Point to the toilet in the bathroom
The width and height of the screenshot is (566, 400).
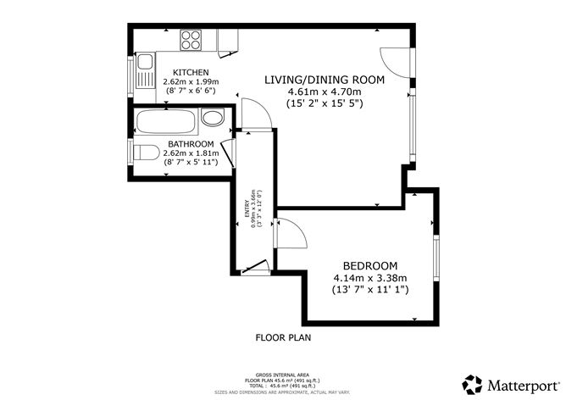pyautogui.click(x=146, y=153)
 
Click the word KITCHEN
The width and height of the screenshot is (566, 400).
pyautogui.click(x=191, y=72)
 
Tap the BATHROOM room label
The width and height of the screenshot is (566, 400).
pyautogui.click(x=191, y=143)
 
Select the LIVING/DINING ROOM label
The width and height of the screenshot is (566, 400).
pyautogui.click(x=325, y=80)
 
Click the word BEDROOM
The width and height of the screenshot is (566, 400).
pyautogui.click(x=369, y=264)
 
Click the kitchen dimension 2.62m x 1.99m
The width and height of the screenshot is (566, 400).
pyautogui.click(x=191, y=81)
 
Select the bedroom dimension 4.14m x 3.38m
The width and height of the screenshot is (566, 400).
pyautogui.click(x=369, y=277)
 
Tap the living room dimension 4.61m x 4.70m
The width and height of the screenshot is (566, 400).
pyautogui.click(x=325, y=92)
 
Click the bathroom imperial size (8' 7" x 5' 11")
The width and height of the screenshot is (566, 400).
pyautogui.click(x=191, y=162)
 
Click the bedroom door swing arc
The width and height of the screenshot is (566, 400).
pyautogui.click(x=288, y=234)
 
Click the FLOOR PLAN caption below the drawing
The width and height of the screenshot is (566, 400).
pyautogui.click(x=283, y=337)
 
